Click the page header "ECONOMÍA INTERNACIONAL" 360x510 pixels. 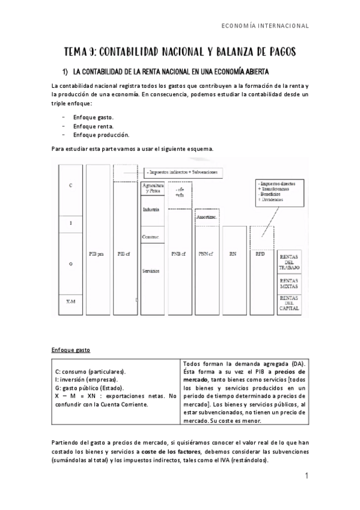265,26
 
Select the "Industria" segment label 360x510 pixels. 151,209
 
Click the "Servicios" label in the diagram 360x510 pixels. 151,271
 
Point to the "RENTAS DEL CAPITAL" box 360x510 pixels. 291,303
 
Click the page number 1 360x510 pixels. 307,477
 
